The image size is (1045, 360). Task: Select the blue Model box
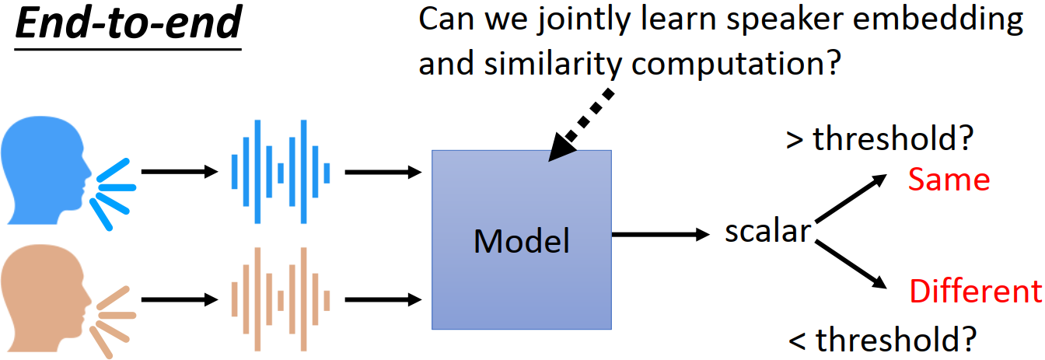[522, 239]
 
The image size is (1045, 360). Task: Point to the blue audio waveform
[281, 172]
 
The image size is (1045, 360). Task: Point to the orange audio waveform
[281, 299]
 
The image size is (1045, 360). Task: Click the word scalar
[768, 231]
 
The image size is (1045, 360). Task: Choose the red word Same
[949, 180]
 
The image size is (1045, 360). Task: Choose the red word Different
[976, 291]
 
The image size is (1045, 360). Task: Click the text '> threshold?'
[880, 138]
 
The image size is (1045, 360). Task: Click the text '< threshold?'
[882, 340]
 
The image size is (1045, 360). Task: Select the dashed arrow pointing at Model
[581, 125]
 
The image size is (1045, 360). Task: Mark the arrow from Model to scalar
[661, 234]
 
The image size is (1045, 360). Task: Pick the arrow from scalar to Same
[851, 197]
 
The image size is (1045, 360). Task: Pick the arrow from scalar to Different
[851, 264]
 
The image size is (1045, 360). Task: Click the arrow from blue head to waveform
[180, 172]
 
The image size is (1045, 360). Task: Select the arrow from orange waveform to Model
[383, 299]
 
